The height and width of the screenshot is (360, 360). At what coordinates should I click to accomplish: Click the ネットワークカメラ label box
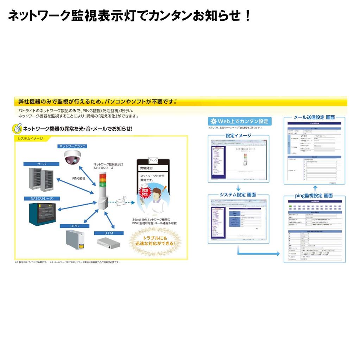click(x=72, y=146)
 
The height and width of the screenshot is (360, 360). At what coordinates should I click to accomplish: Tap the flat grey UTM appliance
click(x=108, y=243)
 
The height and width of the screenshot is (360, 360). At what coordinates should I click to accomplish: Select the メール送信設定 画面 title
click(x=314, y=117)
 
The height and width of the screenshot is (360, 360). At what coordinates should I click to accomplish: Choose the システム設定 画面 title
click(x=238, y=194)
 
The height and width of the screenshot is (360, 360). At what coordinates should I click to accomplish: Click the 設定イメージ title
click(x=239, y=135)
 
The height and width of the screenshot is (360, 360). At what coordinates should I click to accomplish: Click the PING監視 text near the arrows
click(x=79, y=179)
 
